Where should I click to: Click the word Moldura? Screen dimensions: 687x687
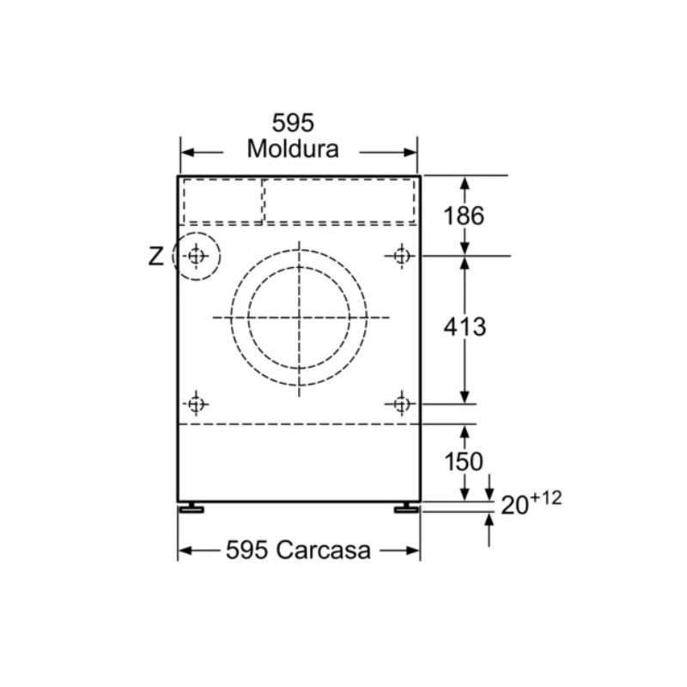point(293,149)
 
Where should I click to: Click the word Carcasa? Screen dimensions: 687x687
point(324,550)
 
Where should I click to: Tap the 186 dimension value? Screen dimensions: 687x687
point(464,216)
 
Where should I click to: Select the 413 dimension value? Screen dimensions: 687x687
point(465,327)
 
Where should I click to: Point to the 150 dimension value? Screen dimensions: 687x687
point(464,461)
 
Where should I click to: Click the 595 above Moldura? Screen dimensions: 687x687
point(293,123)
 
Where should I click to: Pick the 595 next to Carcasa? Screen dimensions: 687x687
point(246,550)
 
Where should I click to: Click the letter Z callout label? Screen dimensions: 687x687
point(156,256)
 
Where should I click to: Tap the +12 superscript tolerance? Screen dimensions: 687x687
point(546,498)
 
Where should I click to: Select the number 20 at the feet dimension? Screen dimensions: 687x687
point(514,506)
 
